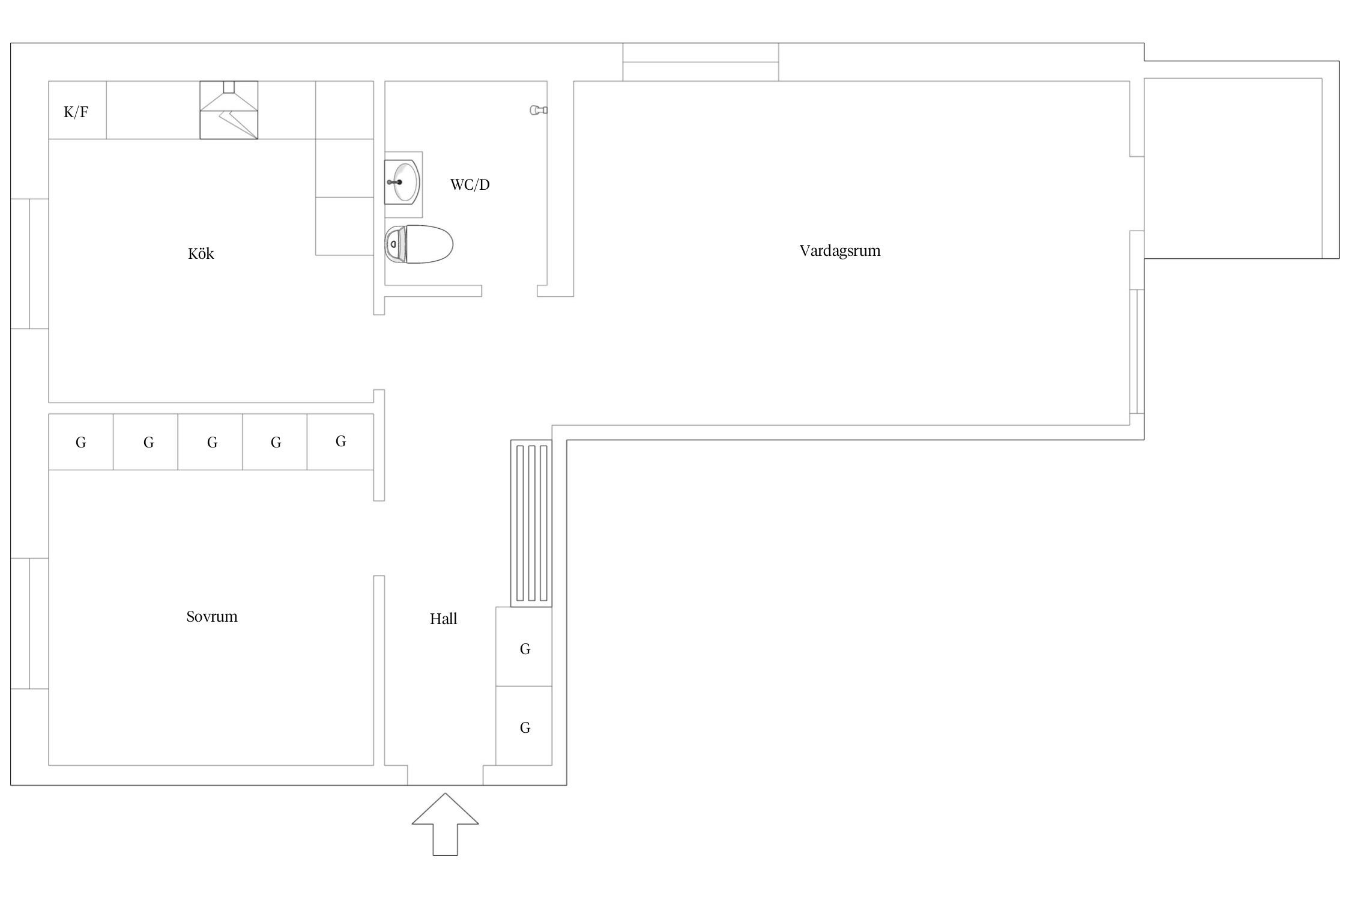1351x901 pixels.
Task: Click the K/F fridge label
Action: point(76,112)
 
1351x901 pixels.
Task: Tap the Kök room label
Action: point(201,253)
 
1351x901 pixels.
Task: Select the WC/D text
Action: point(470,184)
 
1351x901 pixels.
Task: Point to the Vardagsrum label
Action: point(840,250)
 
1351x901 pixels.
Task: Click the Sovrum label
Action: point(212,616)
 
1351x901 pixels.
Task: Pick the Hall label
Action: point(444,619)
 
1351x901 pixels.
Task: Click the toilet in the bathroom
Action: point(419,244)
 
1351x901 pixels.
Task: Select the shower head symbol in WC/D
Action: point(539,110)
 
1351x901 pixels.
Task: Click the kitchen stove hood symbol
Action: point(229,111)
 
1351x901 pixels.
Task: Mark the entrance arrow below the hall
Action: point(445,824)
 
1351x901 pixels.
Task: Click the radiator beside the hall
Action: point(531,523)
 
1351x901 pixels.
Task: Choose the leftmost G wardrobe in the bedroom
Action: point(81,442)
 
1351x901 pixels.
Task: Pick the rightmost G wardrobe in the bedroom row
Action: point(340,442)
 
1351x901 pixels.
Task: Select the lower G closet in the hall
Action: point(524,726)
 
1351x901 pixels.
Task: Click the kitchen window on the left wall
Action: point(29,264)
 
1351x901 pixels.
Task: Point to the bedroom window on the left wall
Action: point(29,623)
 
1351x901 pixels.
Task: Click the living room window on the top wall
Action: point(701,62)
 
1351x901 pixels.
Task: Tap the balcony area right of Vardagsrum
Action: point(1233,168)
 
